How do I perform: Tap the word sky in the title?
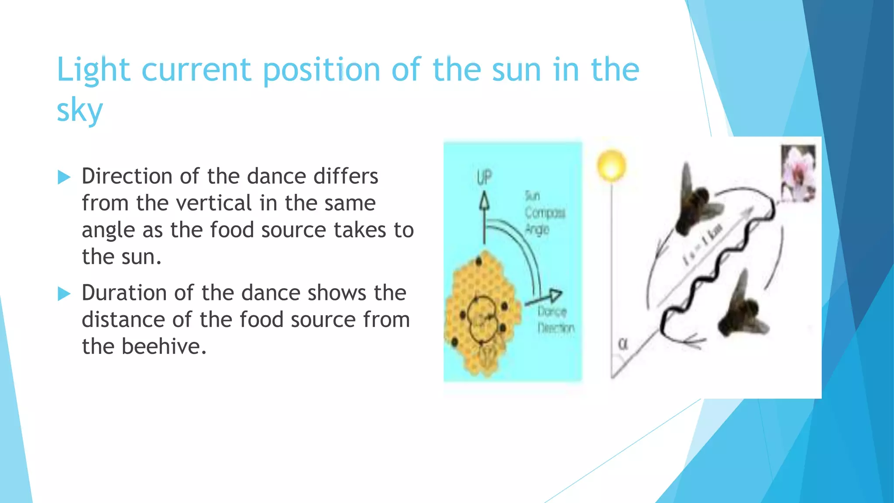[80, 110]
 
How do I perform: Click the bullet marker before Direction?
[64, 177]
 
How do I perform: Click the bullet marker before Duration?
[64, 293]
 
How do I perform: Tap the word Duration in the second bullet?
[124, 293]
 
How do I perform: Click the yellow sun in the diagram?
[611, 165]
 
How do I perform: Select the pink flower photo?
[798, 173]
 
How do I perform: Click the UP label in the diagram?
[484, 178]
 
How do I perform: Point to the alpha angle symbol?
[623, 344]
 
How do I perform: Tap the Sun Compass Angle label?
[544, 213]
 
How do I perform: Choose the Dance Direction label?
[555, 320]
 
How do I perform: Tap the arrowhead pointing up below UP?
[484, 202]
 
